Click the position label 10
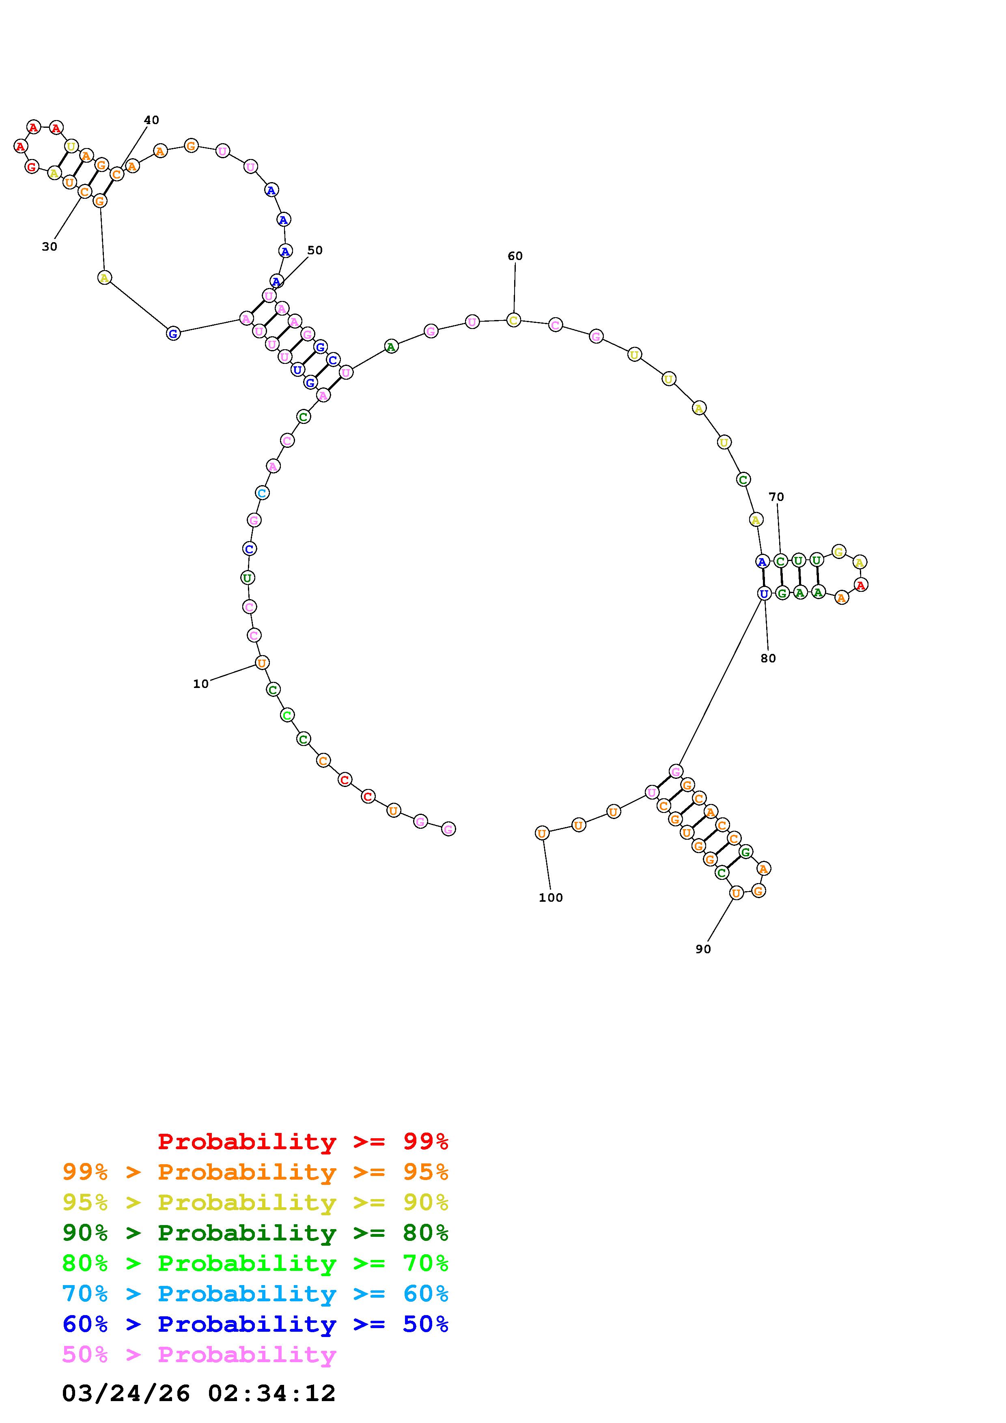pyautogui.click(x=201, y=684)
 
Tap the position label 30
pyautogui.click(x=50, y=247)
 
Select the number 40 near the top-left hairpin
pyautogui.click(x=151, y=120)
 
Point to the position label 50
pyautogui.click(x=315, y=250)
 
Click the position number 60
pyautogui.click(x=515, y=256)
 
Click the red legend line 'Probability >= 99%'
pyautogui.click(x=303, y=1141)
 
